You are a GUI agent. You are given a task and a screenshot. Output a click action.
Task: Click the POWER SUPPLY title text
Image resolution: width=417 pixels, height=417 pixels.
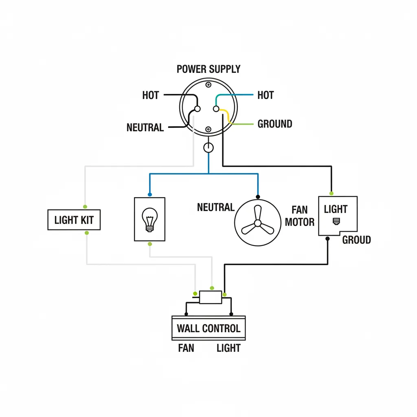click(x=208, y=69)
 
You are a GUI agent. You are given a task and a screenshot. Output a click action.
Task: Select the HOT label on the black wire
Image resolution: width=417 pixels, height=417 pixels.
click(x=150, y=95)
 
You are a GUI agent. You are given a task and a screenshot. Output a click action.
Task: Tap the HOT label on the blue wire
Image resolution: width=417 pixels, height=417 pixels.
click(x=266, y=95)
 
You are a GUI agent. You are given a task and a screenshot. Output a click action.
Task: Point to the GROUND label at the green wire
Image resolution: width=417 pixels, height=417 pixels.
click(x=275, y=124)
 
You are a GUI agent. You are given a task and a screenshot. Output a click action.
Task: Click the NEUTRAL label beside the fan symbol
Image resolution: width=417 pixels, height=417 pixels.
click(x=215, y=207)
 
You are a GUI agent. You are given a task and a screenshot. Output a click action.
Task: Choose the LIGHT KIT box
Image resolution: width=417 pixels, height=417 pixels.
click(x=74, y=220)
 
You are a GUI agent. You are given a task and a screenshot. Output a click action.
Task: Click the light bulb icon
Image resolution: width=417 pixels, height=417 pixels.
click(x=149, y=219)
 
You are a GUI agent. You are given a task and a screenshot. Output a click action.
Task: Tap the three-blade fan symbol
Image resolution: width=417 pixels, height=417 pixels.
click(x=257, y=223)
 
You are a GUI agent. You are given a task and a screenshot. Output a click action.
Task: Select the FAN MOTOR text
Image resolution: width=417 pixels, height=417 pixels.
click(x=299, y=216)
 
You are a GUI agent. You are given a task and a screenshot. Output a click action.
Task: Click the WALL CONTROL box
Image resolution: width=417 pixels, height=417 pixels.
click(x=208, y=328)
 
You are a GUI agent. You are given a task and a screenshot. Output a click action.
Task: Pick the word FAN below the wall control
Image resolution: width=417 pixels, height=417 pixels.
click(x=186, y=348)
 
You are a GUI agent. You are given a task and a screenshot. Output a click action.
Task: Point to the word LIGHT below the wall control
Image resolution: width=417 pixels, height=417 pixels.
click(x=228, y=348)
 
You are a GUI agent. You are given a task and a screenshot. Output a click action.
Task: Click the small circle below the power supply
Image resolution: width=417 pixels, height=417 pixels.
click(x=208, y=147)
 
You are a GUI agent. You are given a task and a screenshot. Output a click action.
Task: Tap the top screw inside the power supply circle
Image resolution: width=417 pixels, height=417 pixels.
click(x=208, y=85)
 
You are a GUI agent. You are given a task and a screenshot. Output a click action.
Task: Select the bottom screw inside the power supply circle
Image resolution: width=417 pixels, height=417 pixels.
click(x=208, y=129)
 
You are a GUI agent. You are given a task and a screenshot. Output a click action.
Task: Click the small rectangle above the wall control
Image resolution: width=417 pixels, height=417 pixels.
click(x=210, y=297)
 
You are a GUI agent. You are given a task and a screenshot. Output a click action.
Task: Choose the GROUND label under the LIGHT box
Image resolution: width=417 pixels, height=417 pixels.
click(x=356, y=240)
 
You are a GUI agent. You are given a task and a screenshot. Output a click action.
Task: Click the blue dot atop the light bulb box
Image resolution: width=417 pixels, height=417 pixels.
click(x=150, y=194)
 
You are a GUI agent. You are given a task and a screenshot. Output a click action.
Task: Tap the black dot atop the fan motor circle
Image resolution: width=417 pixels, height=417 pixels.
click(x=257, y=196)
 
